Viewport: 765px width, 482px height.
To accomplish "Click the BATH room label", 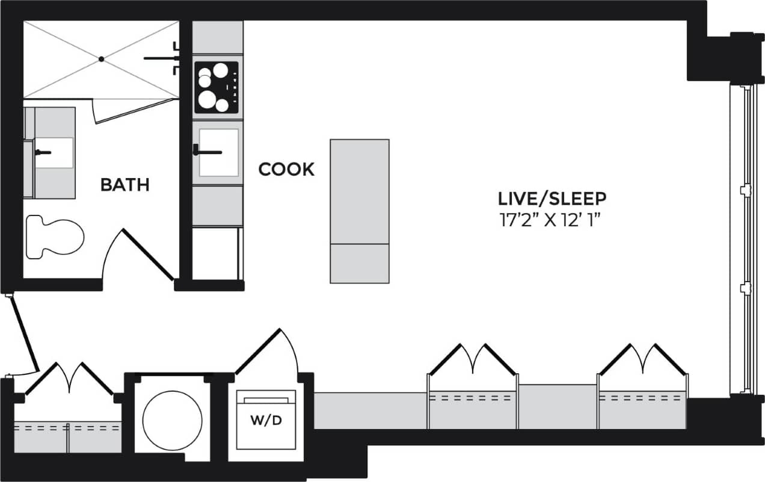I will pos(124,185).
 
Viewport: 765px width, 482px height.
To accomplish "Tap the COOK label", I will pos(286,170).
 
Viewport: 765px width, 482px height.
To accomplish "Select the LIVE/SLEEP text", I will pos(552,198).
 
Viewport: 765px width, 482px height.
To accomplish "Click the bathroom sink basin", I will pos(55,153).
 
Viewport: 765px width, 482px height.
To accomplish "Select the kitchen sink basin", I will pos(218,152).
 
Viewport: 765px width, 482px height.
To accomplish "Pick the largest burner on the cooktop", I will pos(208,99).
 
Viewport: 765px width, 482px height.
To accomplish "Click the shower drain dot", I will pos(102,59).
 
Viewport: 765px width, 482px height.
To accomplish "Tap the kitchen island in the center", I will pos(360,211).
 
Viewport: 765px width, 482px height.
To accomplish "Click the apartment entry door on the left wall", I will pos(24,334).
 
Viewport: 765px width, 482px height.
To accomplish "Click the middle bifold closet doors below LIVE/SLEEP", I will pos(473,359).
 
